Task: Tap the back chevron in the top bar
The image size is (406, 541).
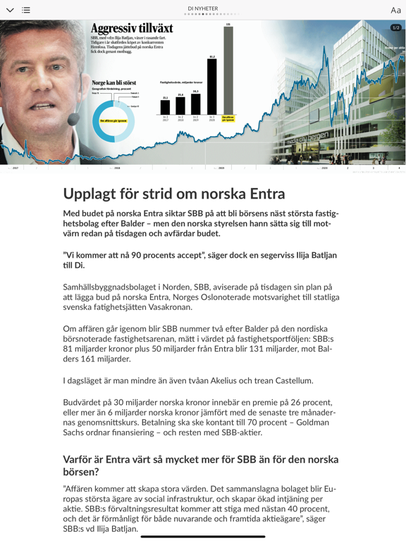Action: point(10,11)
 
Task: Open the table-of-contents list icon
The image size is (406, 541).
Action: point(26,11)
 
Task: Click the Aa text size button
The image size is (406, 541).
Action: point(395,11)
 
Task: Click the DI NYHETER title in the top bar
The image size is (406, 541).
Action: point(203,8)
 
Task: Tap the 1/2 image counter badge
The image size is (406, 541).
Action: point(395,27)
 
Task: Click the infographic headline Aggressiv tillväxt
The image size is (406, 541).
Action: point(132,28)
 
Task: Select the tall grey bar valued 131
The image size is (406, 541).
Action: point(228,70)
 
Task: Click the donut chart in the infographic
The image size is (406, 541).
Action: point(113,120)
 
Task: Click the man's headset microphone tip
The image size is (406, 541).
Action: point(73,119)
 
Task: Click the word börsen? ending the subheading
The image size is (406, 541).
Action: point(82,472)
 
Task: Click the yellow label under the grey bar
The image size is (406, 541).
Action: point(228,118)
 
